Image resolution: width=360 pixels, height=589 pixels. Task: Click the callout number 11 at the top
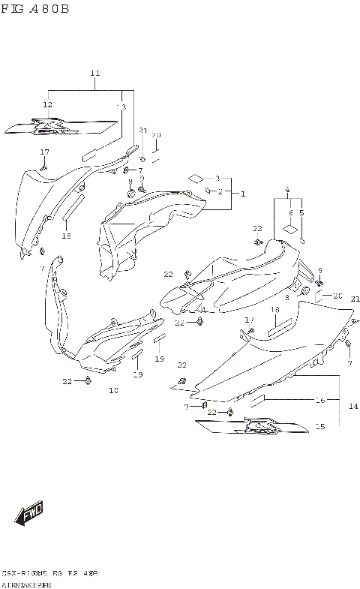point(94,73)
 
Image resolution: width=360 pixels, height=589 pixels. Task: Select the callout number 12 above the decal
point(47,104)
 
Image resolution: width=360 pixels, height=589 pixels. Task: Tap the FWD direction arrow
point(29,515)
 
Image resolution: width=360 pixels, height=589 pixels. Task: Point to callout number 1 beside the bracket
point(242,193)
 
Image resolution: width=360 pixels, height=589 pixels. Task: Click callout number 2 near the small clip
point(220,191)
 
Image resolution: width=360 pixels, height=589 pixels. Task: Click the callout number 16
point(319,401)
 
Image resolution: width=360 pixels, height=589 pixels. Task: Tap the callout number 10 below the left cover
point(113,390)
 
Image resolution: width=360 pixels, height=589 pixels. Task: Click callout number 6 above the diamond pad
point(290,213)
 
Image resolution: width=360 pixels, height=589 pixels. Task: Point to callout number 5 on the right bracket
point(302,213)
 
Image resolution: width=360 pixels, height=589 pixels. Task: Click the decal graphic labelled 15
point(251,428)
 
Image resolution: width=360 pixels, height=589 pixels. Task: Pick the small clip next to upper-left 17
point(43,167)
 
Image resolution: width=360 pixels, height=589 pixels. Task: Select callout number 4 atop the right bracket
point(286,189)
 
